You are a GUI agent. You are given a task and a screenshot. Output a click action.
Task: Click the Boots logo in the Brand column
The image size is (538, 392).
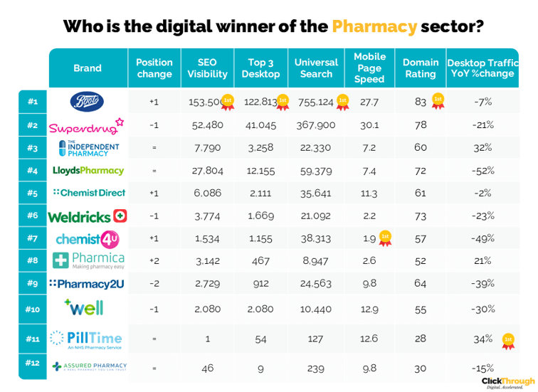(88, 102)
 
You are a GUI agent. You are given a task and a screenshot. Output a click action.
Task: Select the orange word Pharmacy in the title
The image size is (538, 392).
(374, 27)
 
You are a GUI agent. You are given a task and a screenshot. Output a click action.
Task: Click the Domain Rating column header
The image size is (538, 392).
(420, 68)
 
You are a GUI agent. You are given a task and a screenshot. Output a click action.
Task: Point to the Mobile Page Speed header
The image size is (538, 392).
(369, 68)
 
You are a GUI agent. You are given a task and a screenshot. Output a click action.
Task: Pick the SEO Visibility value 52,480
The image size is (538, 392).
(207, 125)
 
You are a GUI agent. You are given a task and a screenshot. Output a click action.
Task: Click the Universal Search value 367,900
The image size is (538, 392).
(316, 125)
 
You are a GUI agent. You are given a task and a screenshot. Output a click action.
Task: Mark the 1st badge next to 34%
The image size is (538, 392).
(507, 339)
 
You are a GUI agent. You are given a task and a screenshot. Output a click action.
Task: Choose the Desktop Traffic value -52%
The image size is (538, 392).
(483, 171)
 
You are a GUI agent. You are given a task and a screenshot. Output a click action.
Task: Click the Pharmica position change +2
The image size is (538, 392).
(154, 261)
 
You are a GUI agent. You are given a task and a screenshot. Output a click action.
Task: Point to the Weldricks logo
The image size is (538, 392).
(87, 216)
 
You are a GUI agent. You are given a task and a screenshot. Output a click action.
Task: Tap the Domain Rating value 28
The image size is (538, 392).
(420, 339)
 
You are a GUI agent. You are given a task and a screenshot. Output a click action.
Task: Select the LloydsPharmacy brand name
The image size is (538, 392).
(88, 171)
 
